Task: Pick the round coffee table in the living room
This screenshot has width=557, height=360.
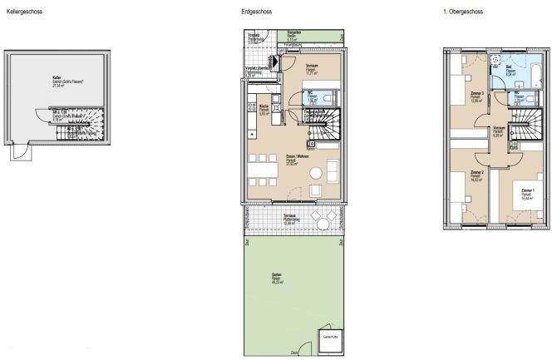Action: [x=317, y=174]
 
